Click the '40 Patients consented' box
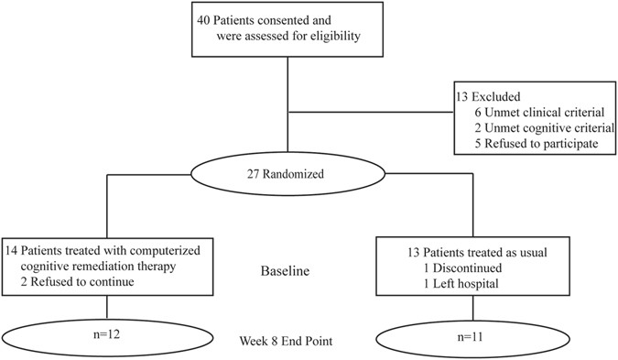coord(277,30)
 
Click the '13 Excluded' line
coord(490,96)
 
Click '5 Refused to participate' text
coord(537,143)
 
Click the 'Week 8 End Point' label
coord(283,343)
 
